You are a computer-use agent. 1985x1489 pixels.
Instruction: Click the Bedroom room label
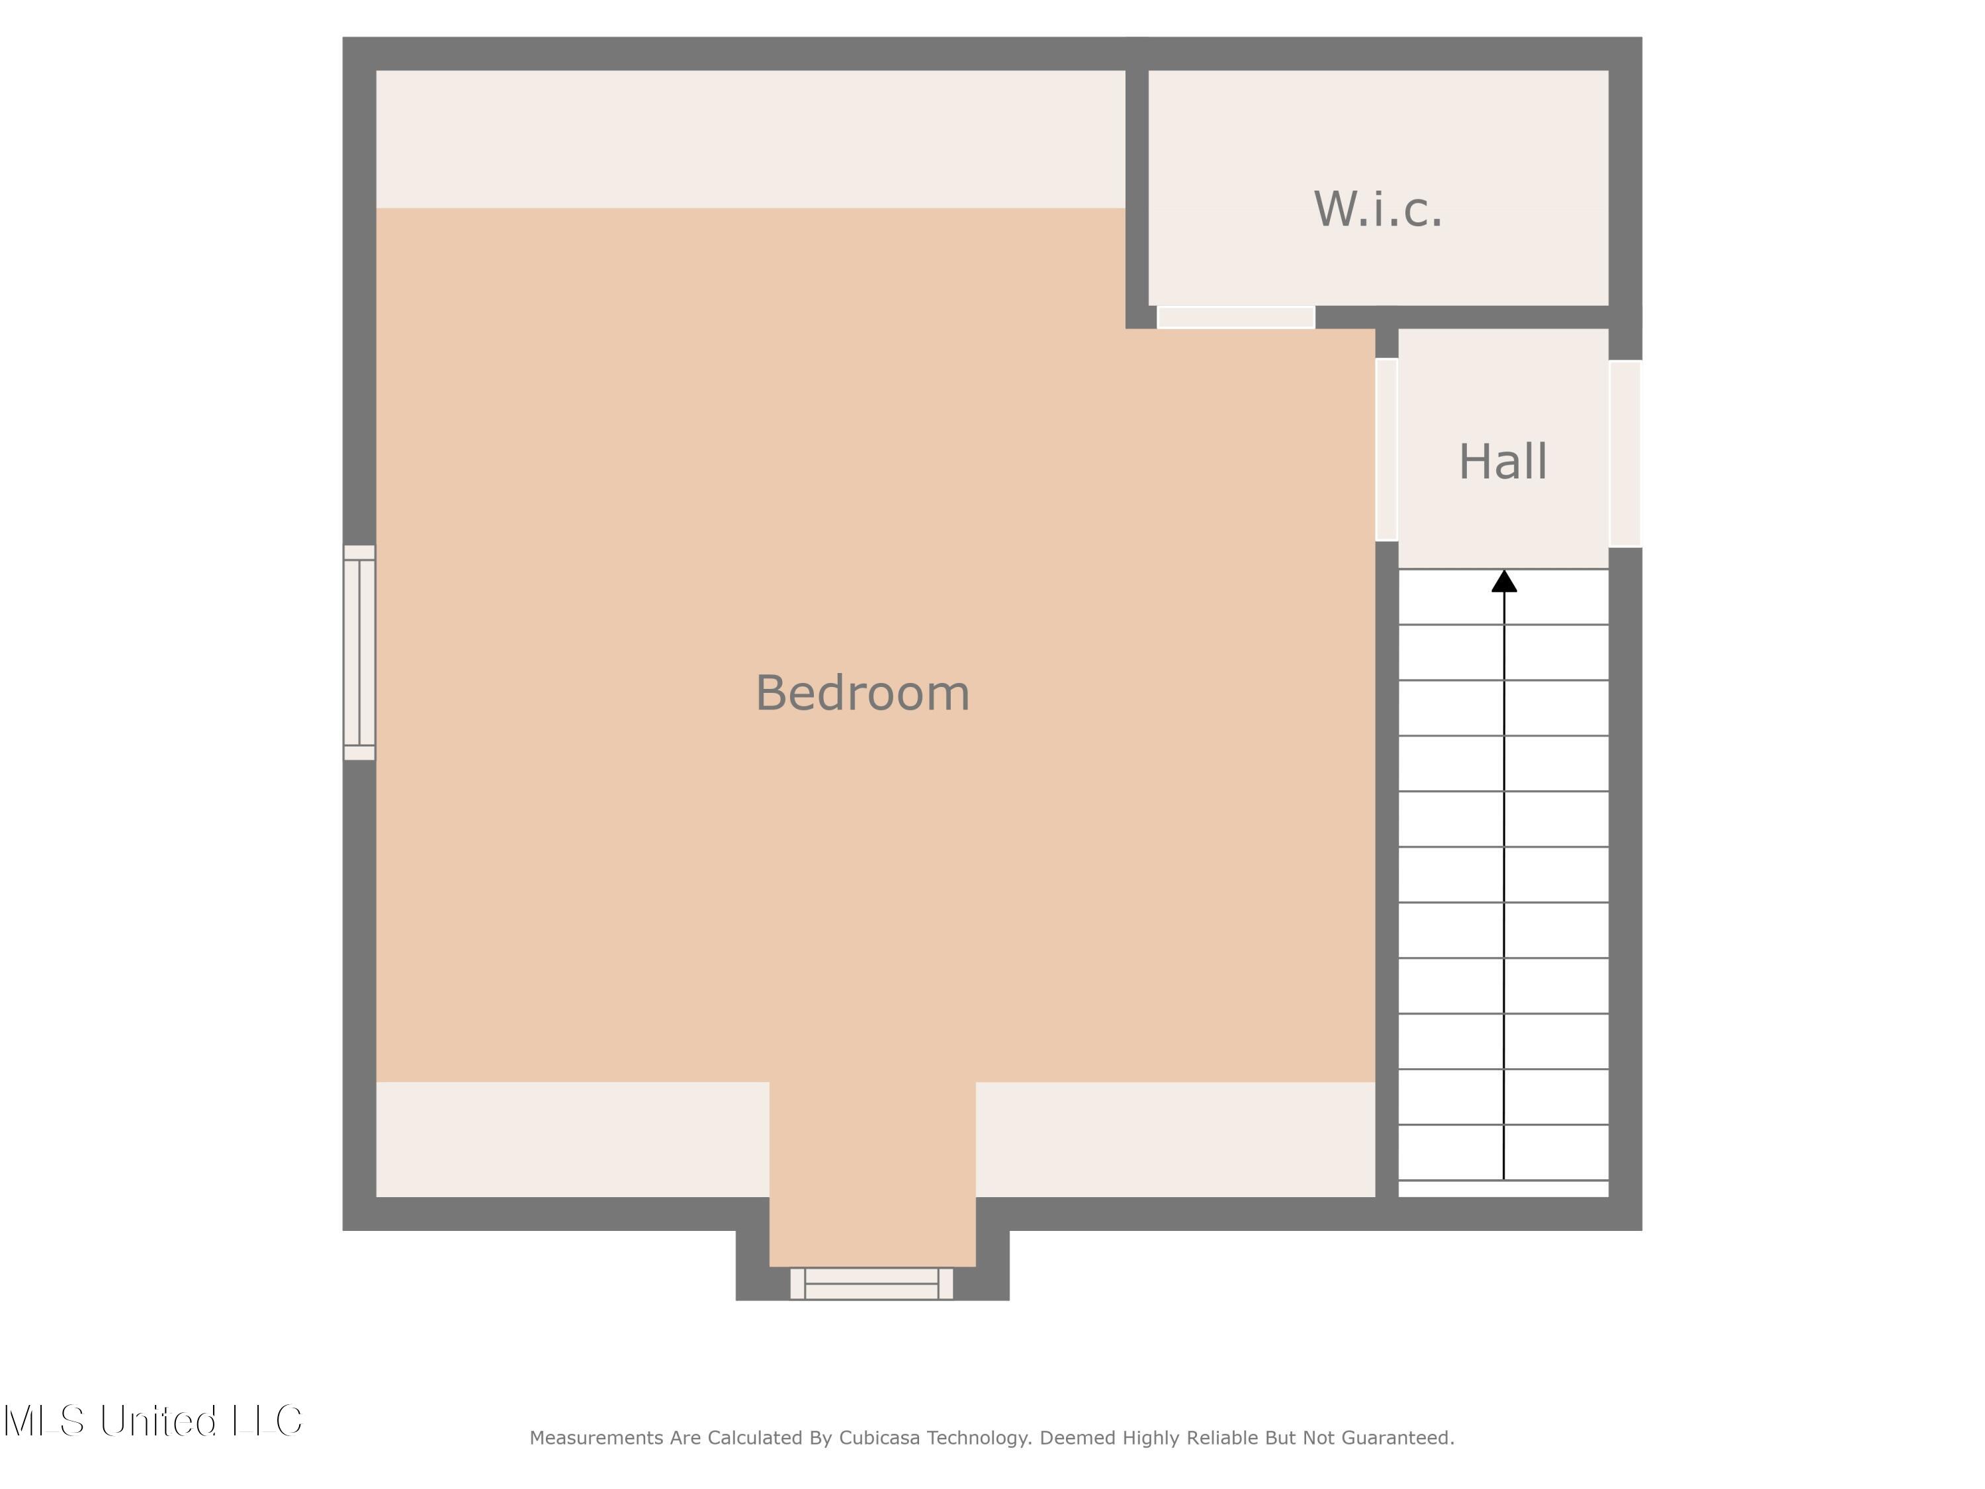(862, 694)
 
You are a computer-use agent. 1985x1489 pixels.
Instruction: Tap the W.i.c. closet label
(1378, 209)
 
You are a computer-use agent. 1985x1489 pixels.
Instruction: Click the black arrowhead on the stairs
(1504, 582)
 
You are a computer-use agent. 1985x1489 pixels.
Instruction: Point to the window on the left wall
(359, 653)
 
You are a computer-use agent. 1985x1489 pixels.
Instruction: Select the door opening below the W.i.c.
(1236, 317)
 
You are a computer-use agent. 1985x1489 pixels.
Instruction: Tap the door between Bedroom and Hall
(1386, 449)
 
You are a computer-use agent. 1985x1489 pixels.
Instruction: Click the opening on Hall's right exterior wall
(1624, 453)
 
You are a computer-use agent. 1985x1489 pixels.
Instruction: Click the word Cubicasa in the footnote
(879, 1438)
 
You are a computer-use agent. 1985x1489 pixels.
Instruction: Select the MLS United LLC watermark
(153, 1421)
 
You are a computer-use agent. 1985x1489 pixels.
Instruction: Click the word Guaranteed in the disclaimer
(1397, 1438)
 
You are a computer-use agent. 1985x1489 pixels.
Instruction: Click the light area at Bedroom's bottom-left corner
(572, 1139)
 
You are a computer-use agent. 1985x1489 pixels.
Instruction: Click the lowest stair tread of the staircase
(1503, 1189)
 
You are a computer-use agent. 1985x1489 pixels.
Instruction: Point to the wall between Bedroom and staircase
(1386, 862)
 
